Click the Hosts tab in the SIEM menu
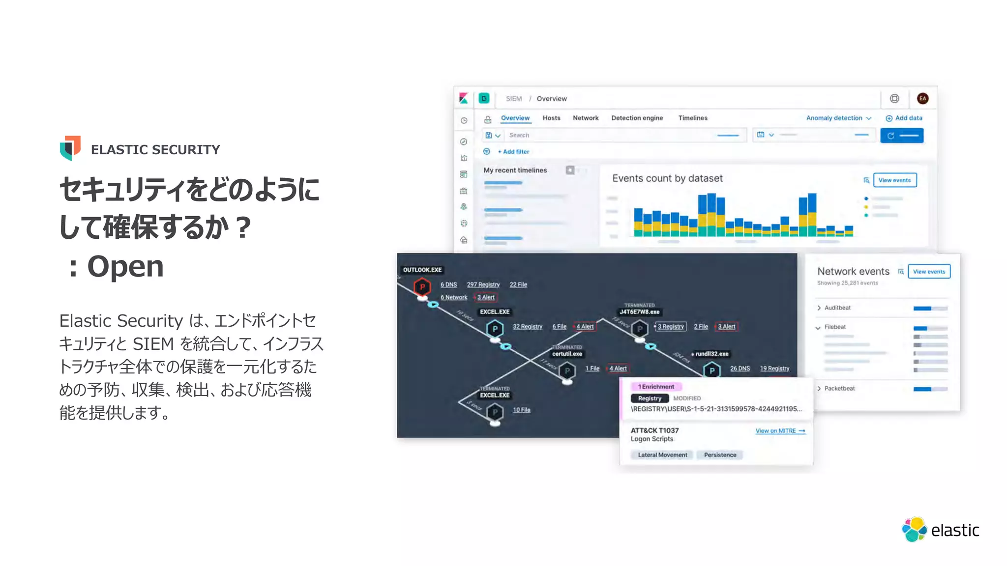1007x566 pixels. (551, 118)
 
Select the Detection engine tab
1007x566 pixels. (637, 118)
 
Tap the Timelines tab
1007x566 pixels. (692, 118)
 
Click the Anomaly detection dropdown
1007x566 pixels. (838, 118)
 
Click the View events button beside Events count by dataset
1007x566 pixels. (894, 180)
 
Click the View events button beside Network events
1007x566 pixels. (928, 272)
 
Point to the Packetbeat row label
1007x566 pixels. (839, 388)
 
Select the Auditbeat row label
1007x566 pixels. (837, 308)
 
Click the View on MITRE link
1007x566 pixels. (780, 431)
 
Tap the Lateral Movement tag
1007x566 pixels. (662, 455)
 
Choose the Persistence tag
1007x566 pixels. (720, 455)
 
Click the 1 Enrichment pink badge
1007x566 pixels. (656, 387)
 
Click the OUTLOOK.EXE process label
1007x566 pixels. (422, 270)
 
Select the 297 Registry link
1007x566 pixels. (483, 284)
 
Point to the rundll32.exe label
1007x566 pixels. (711, 354)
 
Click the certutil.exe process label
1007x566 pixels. (567, 354)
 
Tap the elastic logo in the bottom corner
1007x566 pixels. (940, 530)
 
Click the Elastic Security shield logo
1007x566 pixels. (70, 148)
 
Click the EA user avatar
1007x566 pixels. (922, 99)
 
